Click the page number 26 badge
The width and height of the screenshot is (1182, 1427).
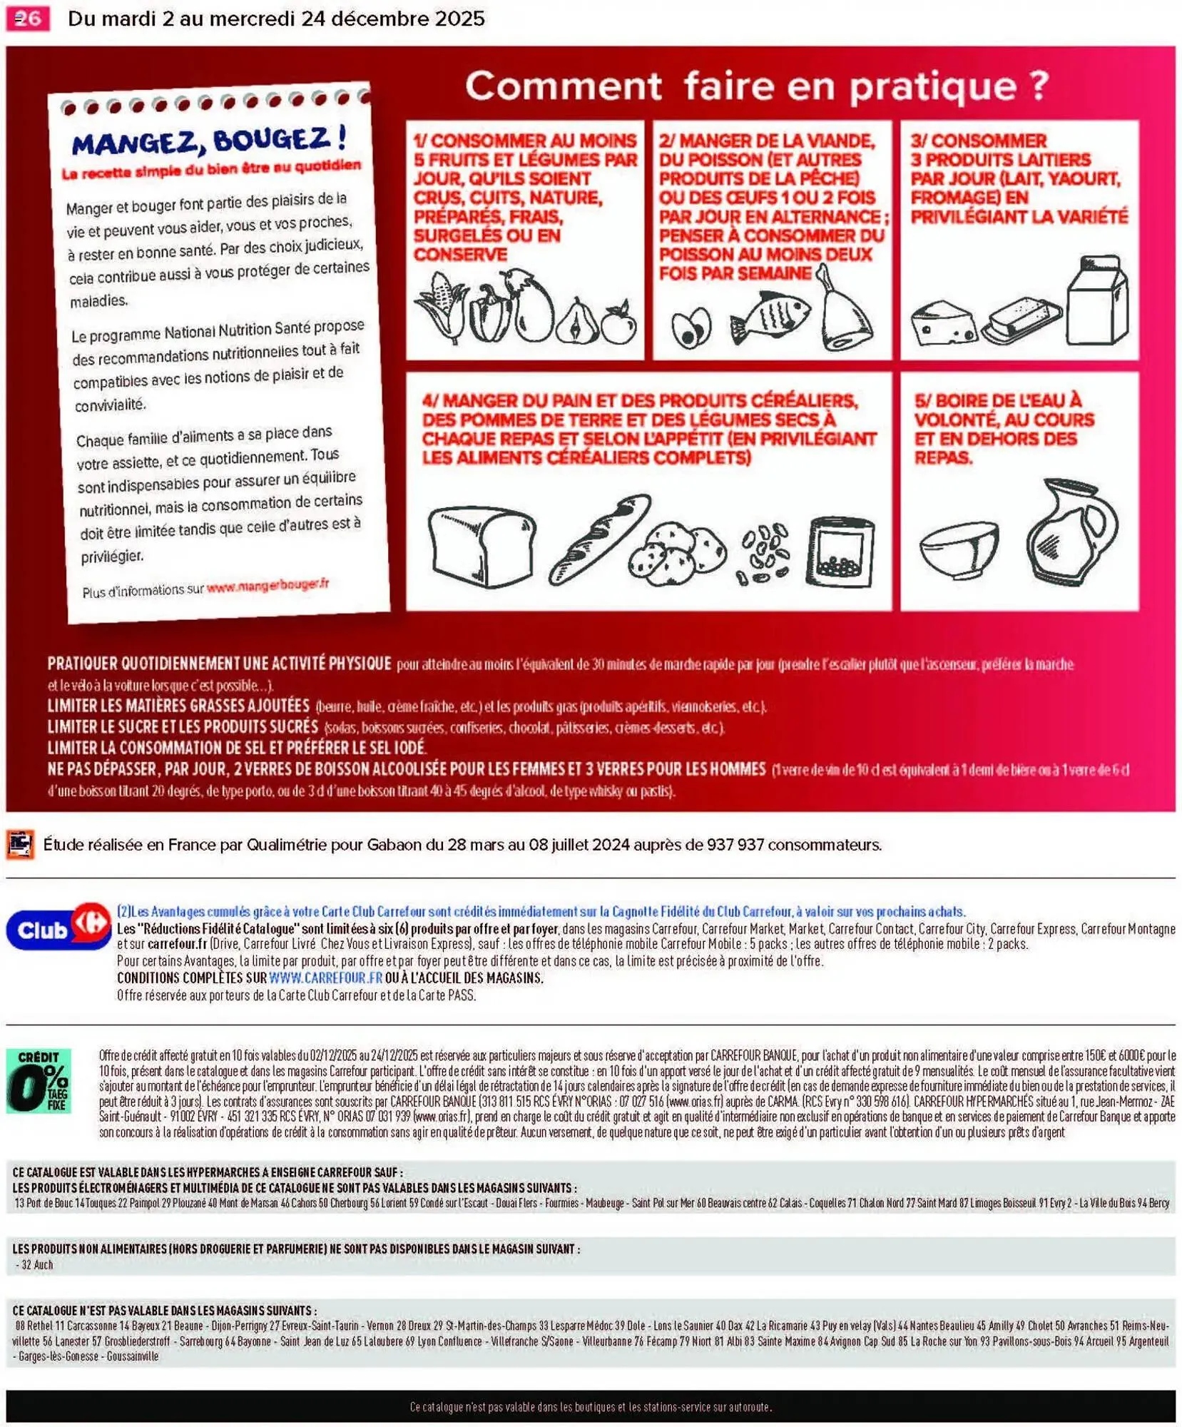point(27,19)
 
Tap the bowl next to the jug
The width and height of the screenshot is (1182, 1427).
point(958,548)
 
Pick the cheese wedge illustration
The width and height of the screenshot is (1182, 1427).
point(942,323)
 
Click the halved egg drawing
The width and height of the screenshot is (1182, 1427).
point(691,327)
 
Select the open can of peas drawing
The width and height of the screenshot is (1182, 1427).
point(840,552)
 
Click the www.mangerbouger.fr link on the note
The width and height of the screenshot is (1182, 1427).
point(268,586)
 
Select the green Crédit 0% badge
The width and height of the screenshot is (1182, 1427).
point(39,1080)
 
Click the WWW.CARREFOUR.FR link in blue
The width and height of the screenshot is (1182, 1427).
point(325,977)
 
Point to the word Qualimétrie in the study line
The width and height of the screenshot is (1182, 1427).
point(287,845)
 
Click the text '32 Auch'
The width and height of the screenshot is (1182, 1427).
point(37,1265)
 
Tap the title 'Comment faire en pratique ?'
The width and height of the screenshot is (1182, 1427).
point(756,86)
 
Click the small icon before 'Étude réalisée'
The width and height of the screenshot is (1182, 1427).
point(20,844)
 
